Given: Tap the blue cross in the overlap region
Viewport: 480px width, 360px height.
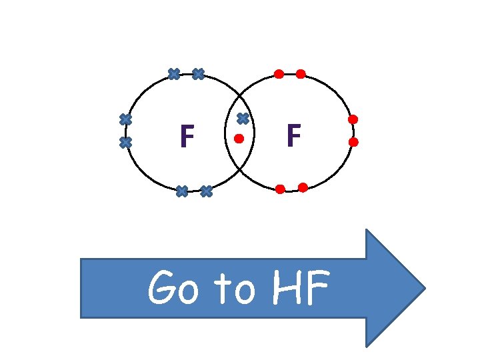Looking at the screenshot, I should point(243,119).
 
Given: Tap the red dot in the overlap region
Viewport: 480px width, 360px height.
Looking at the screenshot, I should point(239,139).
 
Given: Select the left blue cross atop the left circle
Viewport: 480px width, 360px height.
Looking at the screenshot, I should point(173,73).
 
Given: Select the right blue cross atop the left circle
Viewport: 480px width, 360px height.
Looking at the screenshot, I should point(197,74).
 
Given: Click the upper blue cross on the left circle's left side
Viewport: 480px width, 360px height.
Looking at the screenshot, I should point(125,119).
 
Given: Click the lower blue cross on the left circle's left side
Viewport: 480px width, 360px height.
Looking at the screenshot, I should point(125,142).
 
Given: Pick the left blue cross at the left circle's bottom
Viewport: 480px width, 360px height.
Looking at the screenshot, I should point(181,191).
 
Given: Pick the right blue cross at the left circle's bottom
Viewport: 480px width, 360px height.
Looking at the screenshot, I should point(206,191).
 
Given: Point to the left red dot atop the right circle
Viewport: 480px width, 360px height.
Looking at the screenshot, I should point(279,73).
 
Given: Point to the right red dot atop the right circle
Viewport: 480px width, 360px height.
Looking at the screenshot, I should point(301,73).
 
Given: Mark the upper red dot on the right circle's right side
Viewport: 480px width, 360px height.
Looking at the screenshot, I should point(353,119).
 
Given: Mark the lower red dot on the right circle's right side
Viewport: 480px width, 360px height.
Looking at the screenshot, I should point(353,142).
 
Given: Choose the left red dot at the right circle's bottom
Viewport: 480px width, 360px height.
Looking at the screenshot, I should point(280,189).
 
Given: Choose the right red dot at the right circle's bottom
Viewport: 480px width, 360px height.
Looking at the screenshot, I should point(303,187).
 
